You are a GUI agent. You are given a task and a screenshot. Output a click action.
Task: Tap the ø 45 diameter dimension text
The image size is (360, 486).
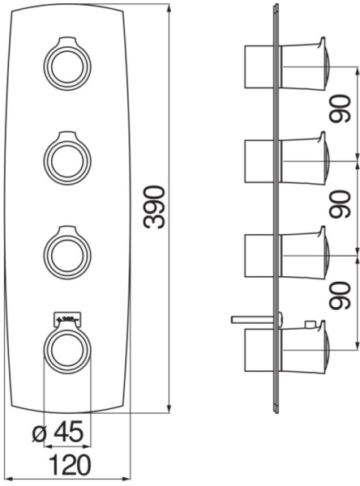point(61,433)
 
